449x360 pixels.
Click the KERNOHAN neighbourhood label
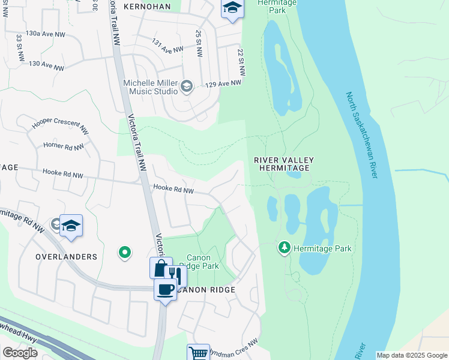(146, 7)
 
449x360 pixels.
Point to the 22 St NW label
(241, 62)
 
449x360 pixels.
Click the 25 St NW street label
(197, 41)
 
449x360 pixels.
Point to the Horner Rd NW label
(64, 146)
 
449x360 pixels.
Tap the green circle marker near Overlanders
(124, 253)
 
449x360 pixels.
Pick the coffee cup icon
(165, 289)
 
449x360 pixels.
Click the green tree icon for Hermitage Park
(284, 247)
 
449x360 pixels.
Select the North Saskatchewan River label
(362, 135)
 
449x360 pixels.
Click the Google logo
(20, 352)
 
